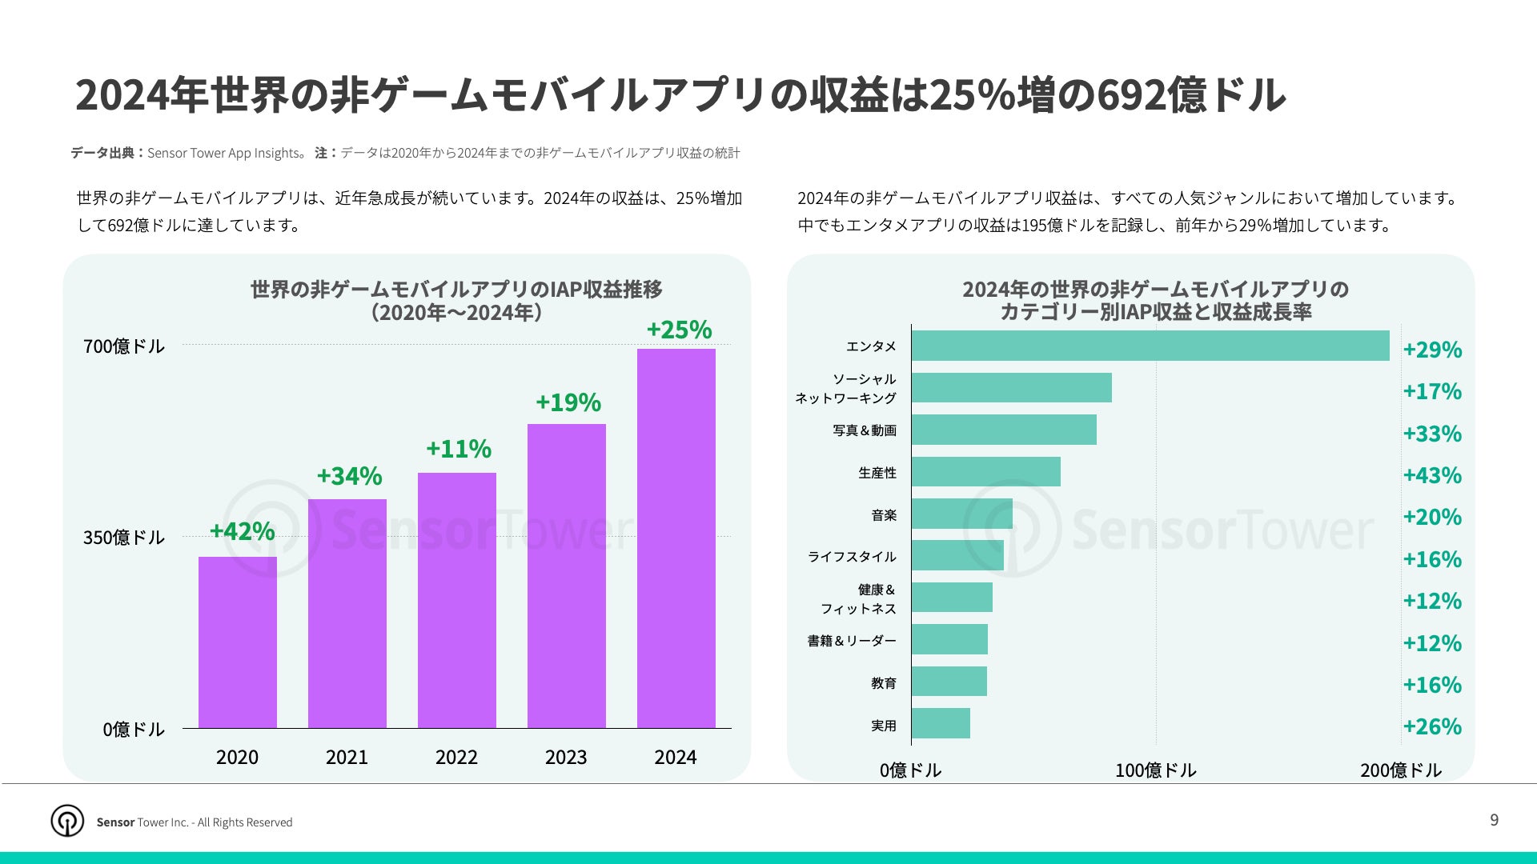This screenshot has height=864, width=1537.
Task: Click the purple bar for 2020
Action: [238, 642]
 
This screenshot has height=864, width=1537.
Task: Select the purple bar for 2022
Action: [457, 600]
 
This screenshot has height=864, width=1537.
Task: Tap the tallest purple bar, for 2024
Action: [676, 538]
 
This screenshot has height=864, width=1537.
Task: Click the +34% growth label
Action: [349, 476]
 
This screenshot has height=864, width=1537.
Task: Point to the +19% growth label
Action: [568, 402]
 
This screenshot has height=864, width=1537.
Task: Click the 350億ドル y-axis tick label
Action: [124, 538]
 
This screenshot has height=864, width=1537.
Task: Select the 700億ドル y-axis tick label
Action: [124, 346]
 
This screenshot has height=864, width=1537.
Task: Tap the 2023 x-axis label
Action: [566, 758]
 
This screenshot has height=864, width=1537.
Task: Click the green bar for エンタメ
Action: [1150, 346]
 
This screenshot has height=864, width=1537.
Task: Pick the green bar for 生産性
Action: [986, 472]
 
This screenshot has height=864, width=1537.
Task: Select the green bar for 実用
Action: [941, 723]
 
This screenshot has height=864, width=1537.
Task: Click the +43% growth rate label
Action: [1432, 476]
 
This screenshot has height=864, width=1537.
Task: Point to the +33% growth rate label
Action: [1432, 434]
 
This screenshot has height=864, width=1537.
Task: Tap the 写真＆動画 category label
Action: [865, 430]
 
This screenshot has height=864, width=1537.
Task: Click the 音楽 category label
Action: [884, 515]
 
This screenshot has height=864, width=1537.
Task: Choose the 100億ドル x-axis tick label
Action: [1155, 770]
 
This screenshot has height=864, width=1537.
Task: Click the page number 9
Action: [1494, 820]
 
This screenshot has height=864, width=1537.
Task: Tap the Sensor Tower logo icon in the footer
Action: [67, 821]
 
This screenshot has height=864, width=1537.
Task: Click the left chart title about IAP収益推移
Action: [456, 300]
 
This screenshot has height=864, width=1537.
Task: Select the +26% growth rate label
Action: [1432, 727]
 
